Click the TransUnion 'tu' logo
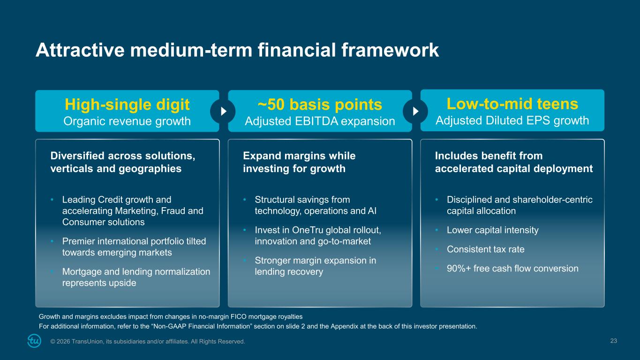(34, 341)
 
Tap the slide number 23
(613, 341)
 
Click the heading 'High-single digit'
(127, 105)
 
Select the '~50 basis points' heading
(320, 105)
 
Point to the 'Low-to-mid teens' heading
(512, 104)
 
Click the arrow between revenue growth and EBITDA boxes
(224, 111)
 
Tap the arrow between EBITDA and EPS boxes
(416, 111)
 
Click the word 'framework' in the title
(390, 50)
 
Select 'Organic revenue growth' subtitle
(127, 121)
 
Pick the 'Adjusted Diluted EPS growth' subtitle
(512, 120)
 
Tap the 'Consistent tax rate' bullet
(486, 249)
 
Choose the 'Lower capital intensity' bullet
(493, 230)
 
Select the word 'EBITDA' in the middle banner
(316, 121)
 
